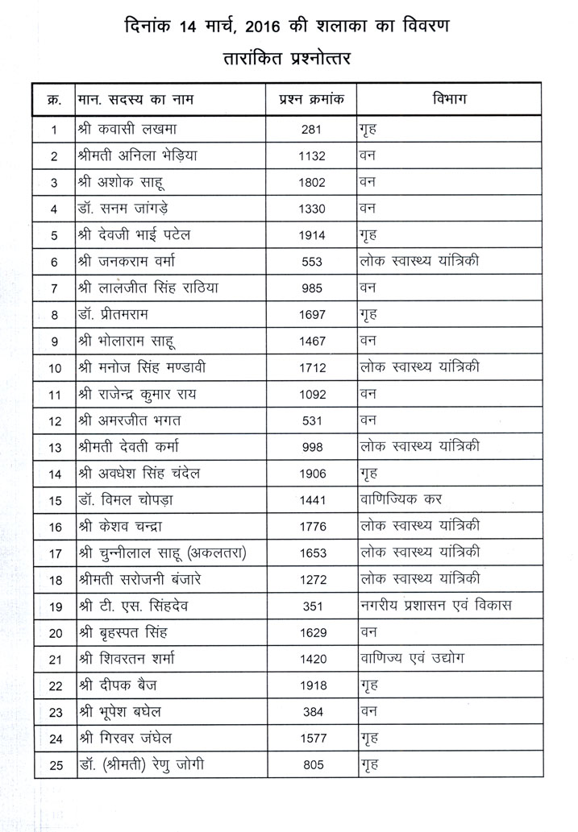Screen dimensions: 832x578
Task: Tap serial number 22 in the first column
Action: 55,685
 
